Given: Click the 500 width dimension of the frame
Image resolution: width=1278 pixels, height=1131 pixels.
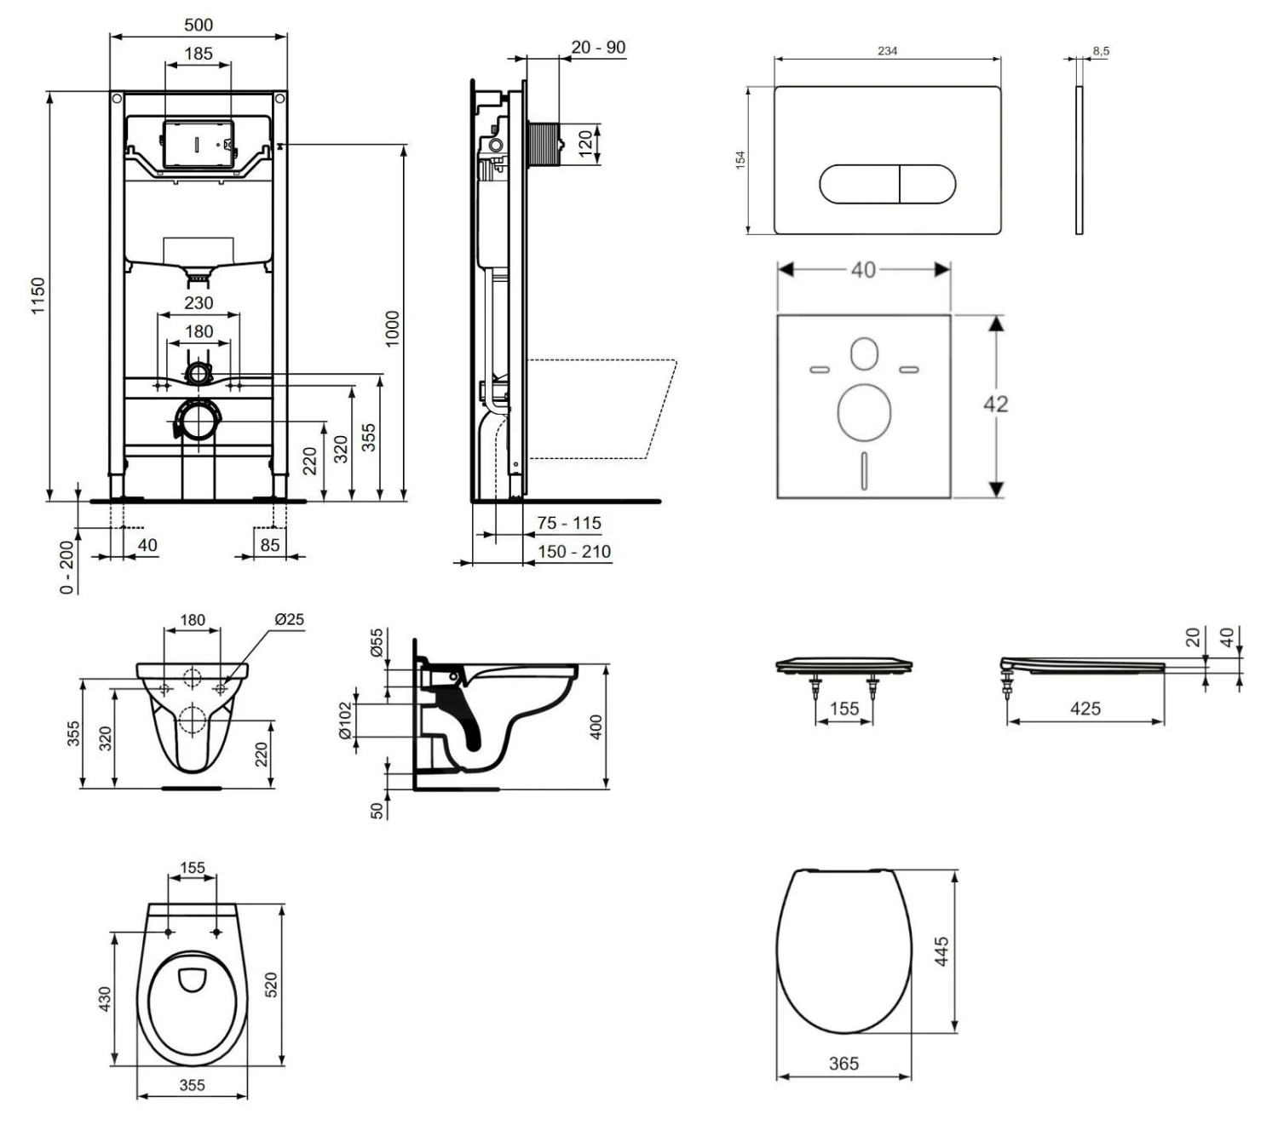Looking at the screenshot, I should [x=199, y=25].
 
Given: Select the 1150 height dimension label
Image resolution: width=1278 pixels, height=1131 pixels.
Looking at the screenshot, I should [x=38, y=296].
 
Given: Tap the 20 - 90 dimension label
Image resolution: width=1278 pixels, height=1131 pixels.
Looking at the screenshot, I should [x=598, y=48].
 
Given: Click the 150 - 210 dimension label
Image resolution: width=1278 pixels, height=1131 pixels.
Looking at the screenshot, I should [x=573, y=552].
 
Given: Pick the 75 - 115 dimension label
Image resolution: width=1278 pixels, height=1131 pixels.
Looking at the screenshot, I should [x=568, y=523].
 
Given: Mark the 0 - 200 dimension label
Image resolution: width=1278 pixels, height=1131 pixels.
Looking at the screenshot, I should [x=67, y=565].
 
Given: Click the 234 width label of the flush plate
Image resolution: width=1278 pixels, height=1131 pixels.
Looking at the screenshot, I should [x=887, y=51].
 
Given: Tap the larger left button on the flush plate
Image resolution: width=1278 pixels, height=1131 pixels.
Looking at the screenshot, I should [x=859, y=184].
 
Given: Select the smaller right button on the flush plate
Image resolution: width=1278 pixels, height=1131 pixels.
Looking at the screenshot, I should [x=927, y=184].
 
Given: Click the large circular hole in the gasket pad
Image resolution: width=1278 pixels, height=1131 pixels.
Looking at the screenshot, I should [x=864, y=412].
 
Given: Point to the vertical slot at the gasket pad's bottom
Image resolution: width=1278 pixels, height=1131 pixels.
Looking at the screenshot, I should [x=864, y=470].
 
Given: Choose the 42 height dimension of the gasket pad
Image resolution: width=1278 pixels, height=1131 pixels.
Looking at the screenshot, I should [x=995, y=404].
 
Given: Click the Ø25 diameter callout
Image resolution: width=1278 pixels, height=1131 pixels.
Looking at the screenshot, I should [x=289, y=619].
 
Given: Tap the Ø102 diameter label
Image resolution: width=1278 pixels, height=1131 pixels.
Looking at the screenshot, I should [x=345, y=721].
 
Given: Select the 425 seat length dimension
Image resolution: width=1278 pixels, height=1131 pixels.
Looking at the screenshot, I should [x=1085, y=709].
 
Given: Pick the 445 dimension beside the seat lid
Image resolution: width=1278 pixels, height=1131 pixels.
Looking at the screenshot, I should [x=941, y=951].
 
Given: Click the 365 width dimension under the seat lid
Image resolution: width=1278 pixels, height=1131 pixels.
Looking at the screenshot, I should [x=843, y=1063].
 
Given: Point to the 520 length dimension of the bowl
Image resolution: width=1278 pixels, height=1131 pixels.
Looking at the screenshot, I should [x=271, y=985].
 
